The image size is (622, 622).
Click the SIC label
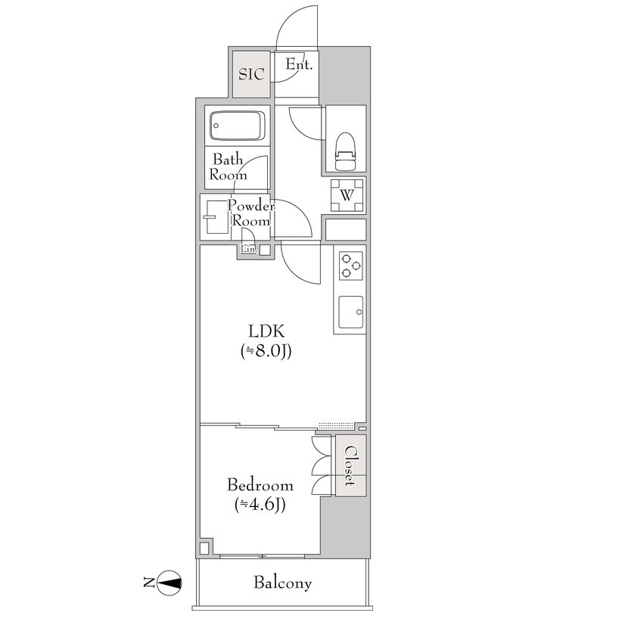click(x=251, y=74)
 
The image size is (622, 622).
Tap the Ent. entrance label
click(x=300, y=64)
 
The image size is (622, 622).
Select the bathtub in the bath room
click(x=238, y=126)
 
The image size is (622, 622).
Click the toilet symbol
click(x=345, y=151)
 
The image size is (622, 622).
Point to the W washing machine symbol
click(x=347, y=195)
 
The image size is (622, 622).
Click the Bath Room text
click(x=228, y=167)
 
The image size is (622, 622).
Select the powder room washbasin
click(x=216, y=217)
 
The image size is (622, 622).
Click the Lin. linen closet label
click(x=249, y=250)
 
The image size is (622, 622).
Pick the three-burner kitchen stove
click(x=350, y=266)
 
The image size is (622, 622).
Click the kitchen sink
click(x=350, y=312)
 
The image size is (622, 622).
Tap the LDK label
click(x=266, y=331)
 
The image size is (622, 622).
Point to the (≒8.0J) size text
click(x=266, y=351)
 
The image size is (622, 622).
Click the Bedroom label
click(x=260, y=485)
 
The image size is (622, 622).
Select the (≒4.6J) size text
click(x=260, y=505)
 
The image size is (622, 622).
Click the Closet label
click(x=350, y=465)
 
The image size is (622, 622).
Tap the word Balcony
click(x=282, y=583)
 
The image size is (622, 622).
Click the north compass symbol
click(x=169, y=583)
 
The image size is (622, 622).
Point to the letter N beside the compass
click(x=149, y=583)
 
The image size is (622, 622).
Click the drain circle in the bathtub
click(x=216, y=126)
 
